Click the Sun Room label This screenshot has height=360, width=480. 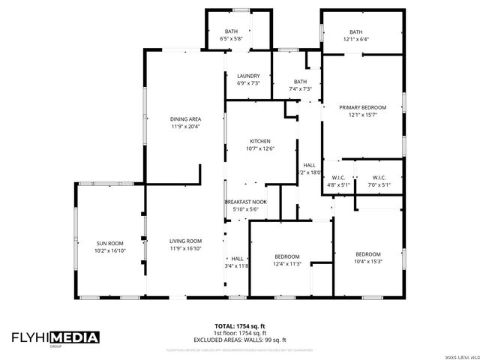pyautogui.click(x=109, y=243)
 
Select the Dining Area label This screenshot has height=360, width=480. pyautogui.click(x=185, y=118)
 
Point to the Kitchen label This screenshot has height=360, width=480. pyautogui.click(x=260, y=141)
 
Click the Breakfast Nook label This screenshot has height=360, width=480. pyautogui.click(x=246, y=202)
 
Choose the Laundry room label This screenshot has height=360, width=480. pyautogui.click(x=248, y=76)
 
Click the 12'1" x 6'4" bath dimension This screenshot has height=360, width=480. pyautogui.click(x=357, y=39)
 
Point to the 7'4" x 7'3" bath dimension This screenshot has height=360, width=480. pyautogui.click(x=300, y=89)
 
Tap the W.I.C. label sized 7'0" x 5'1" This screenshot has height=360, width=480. pyautogui.click(x=378, y=184)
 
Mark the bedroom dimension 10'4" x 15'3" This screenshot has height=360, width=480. pyautogui.click(x=368, y=261)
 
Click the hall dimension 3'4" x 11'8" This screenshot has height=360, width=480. pyautogui.click(x=237, y=265)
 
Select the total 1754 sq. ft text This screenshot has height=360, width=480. pyautogui.click(x=240, y=326)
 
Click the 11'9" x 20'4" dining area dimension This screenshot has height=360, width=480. pyautogui.click(x=185, y=126)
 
